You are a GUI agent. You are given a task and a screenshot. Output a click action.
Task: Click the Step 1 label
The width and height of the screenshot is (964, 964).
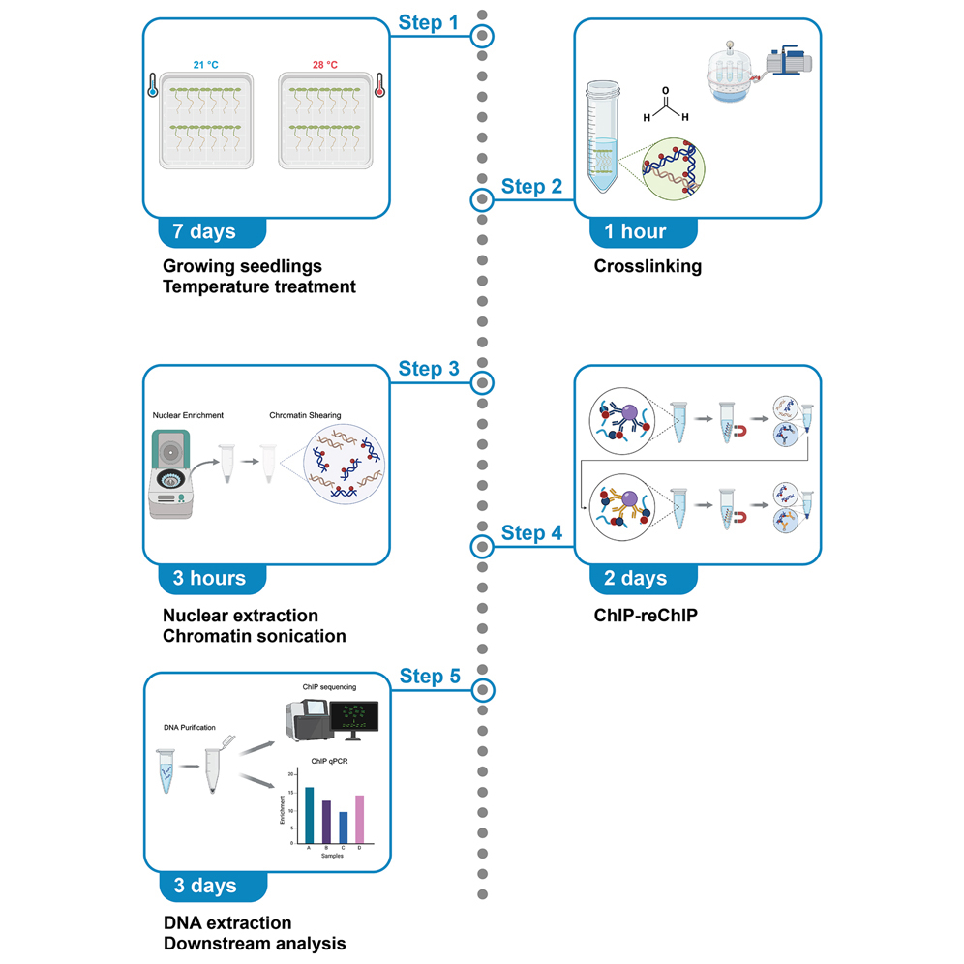coord(430,22)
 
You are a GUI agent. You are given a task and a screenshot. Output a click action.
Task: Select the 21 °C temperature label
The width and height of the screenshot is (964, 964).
coord(205,65)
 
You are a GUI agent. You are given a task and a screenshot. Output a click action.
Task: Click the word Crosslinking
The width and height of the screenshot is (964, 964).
coord(648,267)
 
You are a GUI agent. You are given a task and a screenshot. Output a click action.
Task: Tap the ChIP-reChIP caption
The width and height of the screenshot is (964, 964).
coord(648,614)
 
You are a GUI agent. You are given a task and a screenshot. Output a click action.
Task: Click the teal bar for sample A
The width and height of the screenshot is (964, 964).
coord(309,814)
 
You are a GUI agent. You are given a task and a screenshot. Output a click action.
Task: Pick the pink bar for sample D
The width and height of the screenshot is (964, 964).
coord(359,818)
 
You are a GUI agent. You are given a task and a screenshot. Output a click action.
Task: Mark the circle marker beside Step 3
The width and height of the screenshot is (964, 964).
coord(483,382)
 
